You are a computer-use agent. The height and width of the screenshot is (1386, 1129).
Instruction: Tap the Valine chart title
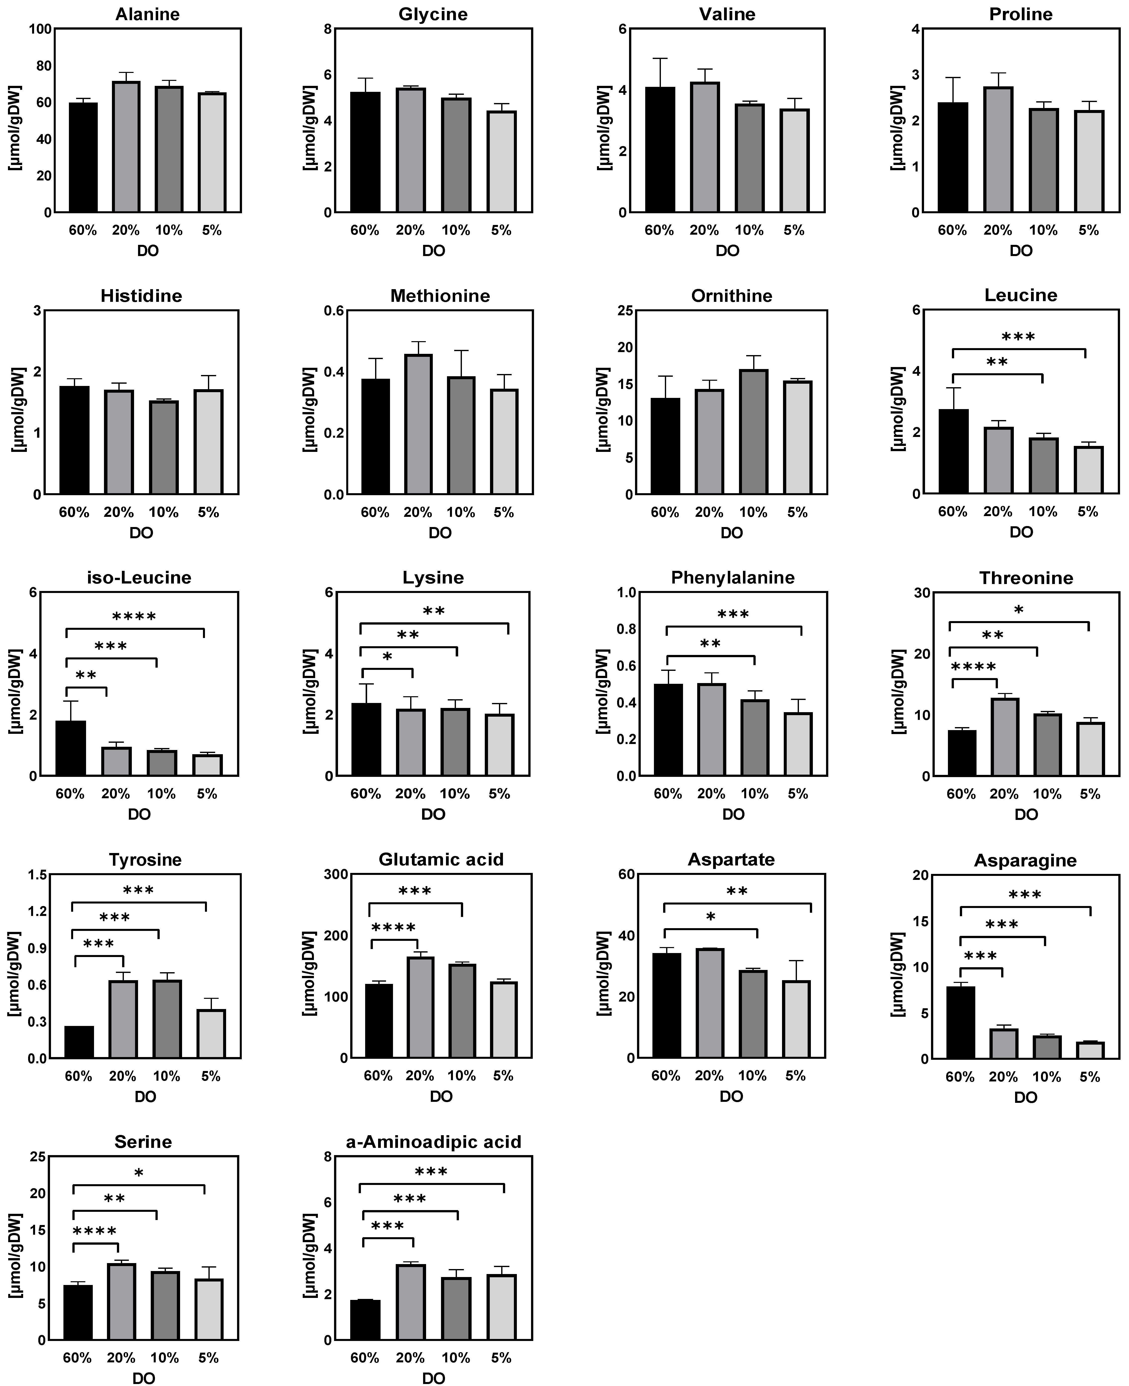pyautogui.click(x=727, y=14)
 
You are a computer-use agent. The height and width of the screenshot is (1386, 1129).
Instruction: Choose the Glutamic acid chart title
pyautogui.click(x=441, y=859)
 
